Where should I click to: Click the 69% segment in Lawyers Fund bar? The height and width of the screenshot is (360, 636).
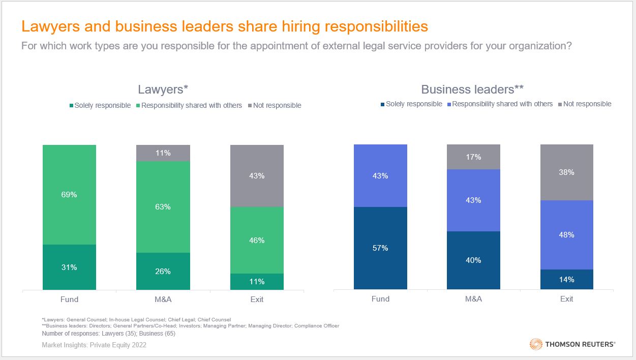point(69,195)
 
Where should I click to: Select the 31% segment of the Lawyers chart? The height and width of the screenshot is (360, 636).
point(69,267)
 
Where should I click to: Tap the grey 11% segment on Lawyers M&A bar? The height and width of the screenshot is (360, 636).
point(163,153)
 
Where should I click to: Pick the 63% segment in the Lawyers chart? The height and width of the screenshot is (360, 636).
point(163,207)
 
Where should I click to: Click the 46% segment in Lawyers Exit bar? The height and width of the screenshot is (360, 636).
point(257,240)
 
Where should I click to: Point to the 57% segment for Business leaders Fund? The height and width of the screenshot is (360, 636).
point(380,248)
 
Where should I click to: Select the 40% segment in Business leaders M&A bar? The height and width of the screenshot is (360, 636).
point(473,260)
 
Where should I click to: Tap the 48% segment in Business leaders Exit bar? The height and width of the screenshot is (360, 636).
point(567,235)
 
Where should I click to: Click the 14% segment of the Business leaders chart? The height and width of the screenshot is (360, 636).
point(567,279)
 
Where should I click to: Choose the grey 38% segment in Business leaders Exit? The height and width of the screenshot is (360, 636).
point(567,172)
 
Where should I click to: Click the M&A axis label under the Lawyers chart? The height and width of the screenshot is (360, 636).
point(163,299)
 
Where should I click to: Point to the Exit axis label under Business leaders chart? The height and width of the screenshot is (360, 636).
point(567,299)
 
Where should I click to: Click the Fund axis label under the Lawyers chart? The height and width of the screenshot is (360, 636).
point(69,299)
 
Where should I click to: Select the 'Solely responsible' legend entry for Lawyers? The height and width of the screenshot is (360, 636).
point(100,106)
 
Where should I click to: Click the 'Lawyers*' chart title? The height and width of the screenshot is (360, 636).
point(163,89)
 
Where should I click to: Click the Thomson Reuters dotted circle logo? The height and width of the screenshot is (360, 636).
point(536,344)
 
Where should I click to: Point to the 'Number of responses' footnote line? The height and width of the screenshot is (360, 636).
point(108,334)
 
